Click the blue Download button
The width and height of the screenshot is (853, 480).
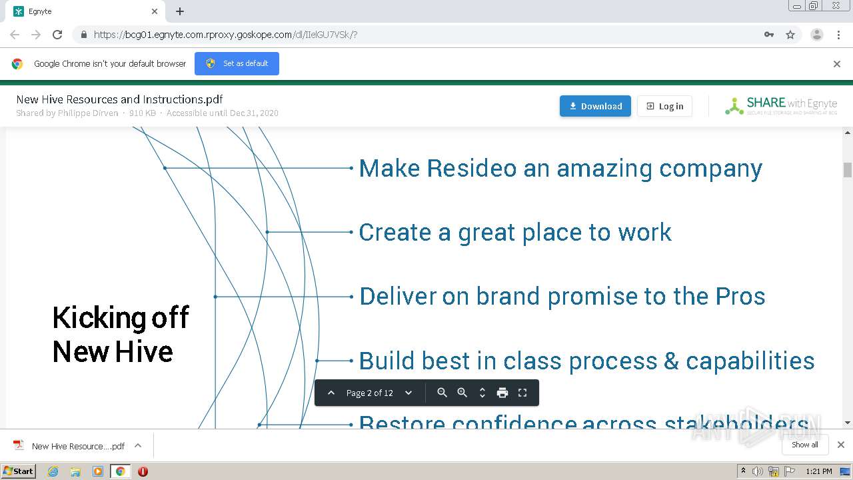[595, 106]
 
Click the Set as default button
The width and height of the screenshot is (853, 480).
[237, 63]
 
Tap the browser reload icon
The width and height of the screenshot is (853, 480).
[57, 35]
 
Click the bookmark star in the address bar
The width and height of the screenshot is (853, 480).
[790, 35]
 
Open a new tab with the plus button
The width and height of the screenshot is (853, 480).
[180, 11]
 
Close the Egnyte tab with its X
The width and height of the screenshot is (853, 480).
[155, 11]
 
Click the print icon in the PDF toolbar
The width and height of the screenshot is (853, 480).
[502, 393]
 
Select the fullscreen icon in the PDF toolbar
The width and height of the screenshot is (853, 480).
[522, 393]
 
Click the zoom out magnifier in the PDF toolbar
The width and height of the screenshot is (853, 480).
[442, 393]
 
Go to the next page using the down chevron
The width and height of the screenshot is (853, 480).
[409, 393]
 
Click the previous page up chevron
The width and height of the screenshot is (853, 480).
[331, 393]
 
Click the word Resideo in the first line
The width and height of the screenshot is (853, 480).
[471, 168]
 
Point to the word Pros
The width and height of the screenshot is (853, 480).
[740, 296]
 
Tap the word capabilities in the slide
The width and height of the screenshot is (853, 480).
[750, 361]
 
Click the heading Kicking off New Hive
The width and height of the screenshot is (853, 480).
[121, 334]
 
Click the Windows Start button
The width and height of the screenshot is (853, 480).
[18, 471]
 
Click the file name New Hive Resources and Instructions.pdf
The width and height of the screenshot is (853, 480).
[119, 99]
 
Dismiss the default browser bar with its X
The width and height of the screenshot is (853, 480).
[837, 64]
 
